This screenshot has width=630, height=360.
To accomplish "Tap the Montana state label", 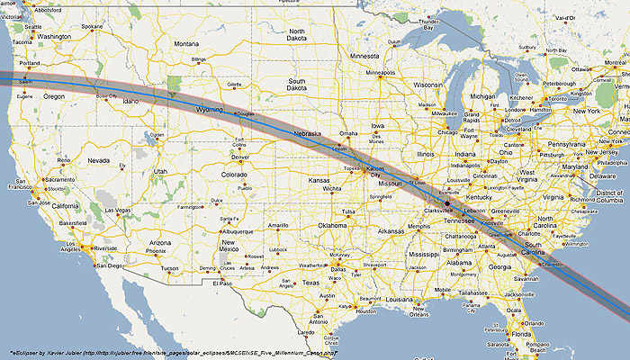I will (186, 43).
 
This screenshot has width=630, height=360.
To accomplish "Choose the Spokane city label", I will (93, 27).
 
